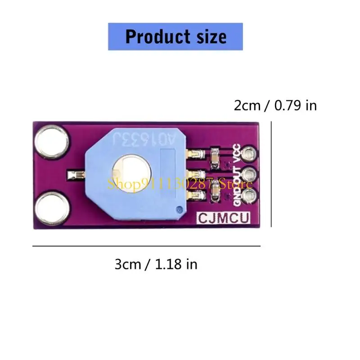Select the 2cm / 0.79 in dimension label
point(275,106)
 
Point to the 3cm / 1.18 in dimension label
point(156,264)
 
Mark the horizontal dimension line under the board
point(147,246)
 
